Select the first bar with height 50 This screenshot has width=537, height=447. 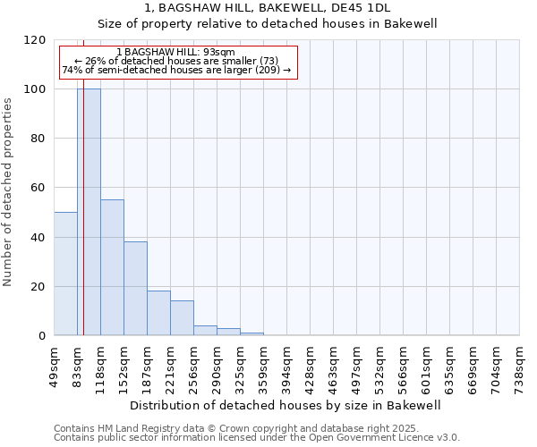[65, 274]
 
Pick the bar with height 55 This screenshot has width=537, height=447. [112, 267]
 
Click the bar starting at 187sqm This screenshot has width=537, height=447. [158, 313]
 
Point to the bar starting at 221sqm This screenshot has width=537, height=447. [182, 318]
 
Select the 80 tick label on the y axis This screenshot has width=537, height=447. [38, 139]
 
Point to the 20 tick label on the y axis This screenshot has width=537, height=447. [38, 287]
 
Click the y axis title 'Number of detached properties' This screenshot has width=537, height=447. [8, 192]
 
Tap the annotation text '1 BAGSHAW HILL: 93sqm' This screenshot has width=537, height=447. [175, 53]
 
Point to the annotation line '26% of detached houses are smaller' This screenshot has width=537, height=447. [175, 61]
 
